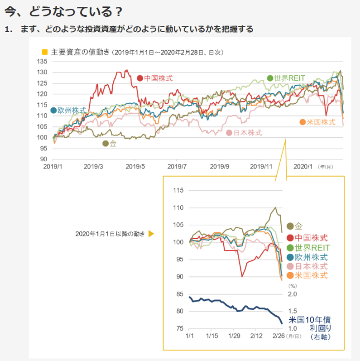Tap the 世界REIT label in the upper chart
[290, 78]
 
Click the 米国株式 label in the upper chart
[321, 122]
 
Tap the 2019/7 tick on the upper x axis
[178, 167]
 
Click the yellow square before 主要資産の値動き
[45, 52]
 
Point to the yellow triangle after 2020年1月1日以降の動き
[151, 234]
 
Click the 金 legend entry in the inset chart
[298, 227]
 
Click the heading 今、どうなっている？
[64, 11]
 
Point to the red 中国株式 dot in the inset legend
[291, 238]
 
